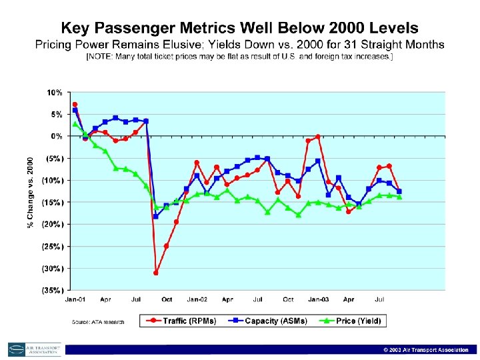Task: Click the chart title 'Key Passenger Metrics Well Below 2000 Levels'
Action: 240,28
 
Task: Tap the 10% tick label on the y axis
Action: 55,92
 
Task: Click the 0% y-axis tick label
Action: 57,136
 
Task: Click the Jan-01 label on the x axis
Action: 74,299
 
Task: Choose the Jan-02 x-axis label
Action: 197,299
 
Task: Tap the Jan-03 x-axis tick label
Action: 319,299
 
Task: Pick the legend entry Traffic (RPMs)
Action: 184,321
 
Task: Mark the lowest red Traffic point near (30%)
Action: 156,273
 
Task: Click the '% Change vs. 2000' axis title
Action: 31,192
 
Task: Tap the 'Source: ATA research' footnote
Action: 98,322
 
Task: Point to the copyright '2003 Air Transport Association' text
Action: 427,350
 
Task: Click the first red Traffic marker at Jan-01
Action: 75,105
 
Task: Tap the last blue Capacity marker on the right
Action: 399,191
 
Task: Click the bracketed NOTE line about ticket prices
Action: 240,57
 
